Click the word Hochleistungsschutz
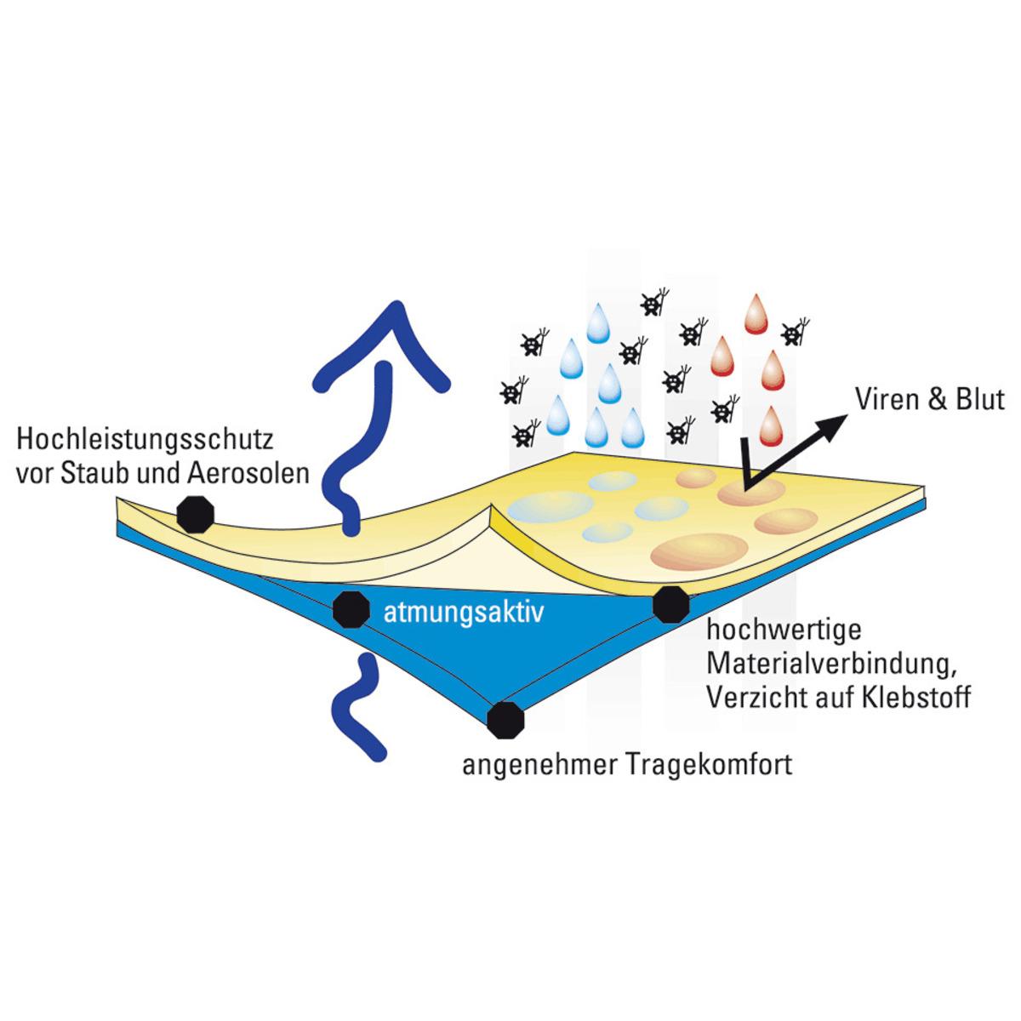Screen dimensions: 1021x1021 point(145,442)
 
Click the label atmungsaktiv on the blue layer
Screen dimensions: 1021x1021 point(463,613)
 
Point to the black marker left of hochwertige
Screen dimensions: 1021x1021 point(670,603)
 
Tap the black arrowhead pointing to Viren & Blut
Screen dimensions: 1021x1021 point(834,423)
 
